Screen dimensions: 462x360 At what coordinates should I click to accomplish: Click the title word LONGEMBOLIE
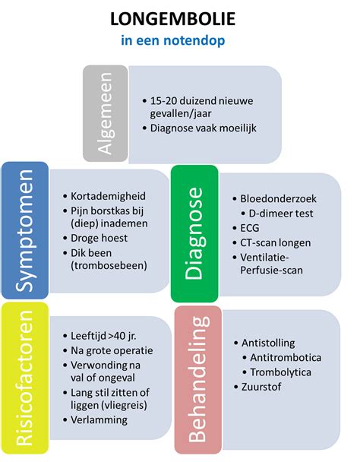179,18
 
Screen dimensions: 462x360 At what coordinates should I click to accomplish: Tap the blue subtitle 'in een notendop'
179,40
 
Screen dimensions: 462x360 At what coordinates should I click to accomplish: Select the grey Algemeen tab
105,113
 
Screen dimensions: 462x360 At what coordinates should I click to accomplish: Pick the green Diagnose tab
193,234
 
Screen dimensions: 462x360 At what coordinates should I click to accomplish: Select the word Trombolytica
282,372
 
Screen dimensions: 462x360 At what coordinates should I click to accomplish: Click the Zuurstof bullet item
262,388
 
